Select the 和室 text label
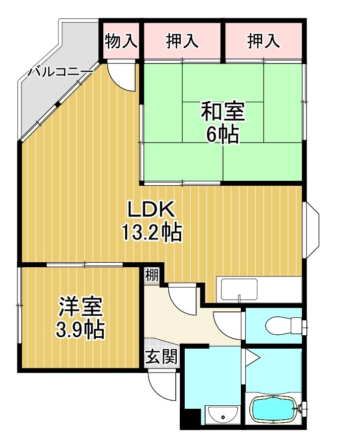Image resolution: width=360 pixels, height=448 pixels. coord(222,112)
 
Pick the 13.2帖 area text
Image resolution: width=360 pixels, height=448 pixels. coord(151,232)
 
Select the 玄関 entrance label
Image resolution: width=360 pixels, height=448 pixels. coord(161,358)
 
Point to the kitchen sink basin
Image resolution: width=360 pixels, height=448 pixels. coord(239,290)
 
